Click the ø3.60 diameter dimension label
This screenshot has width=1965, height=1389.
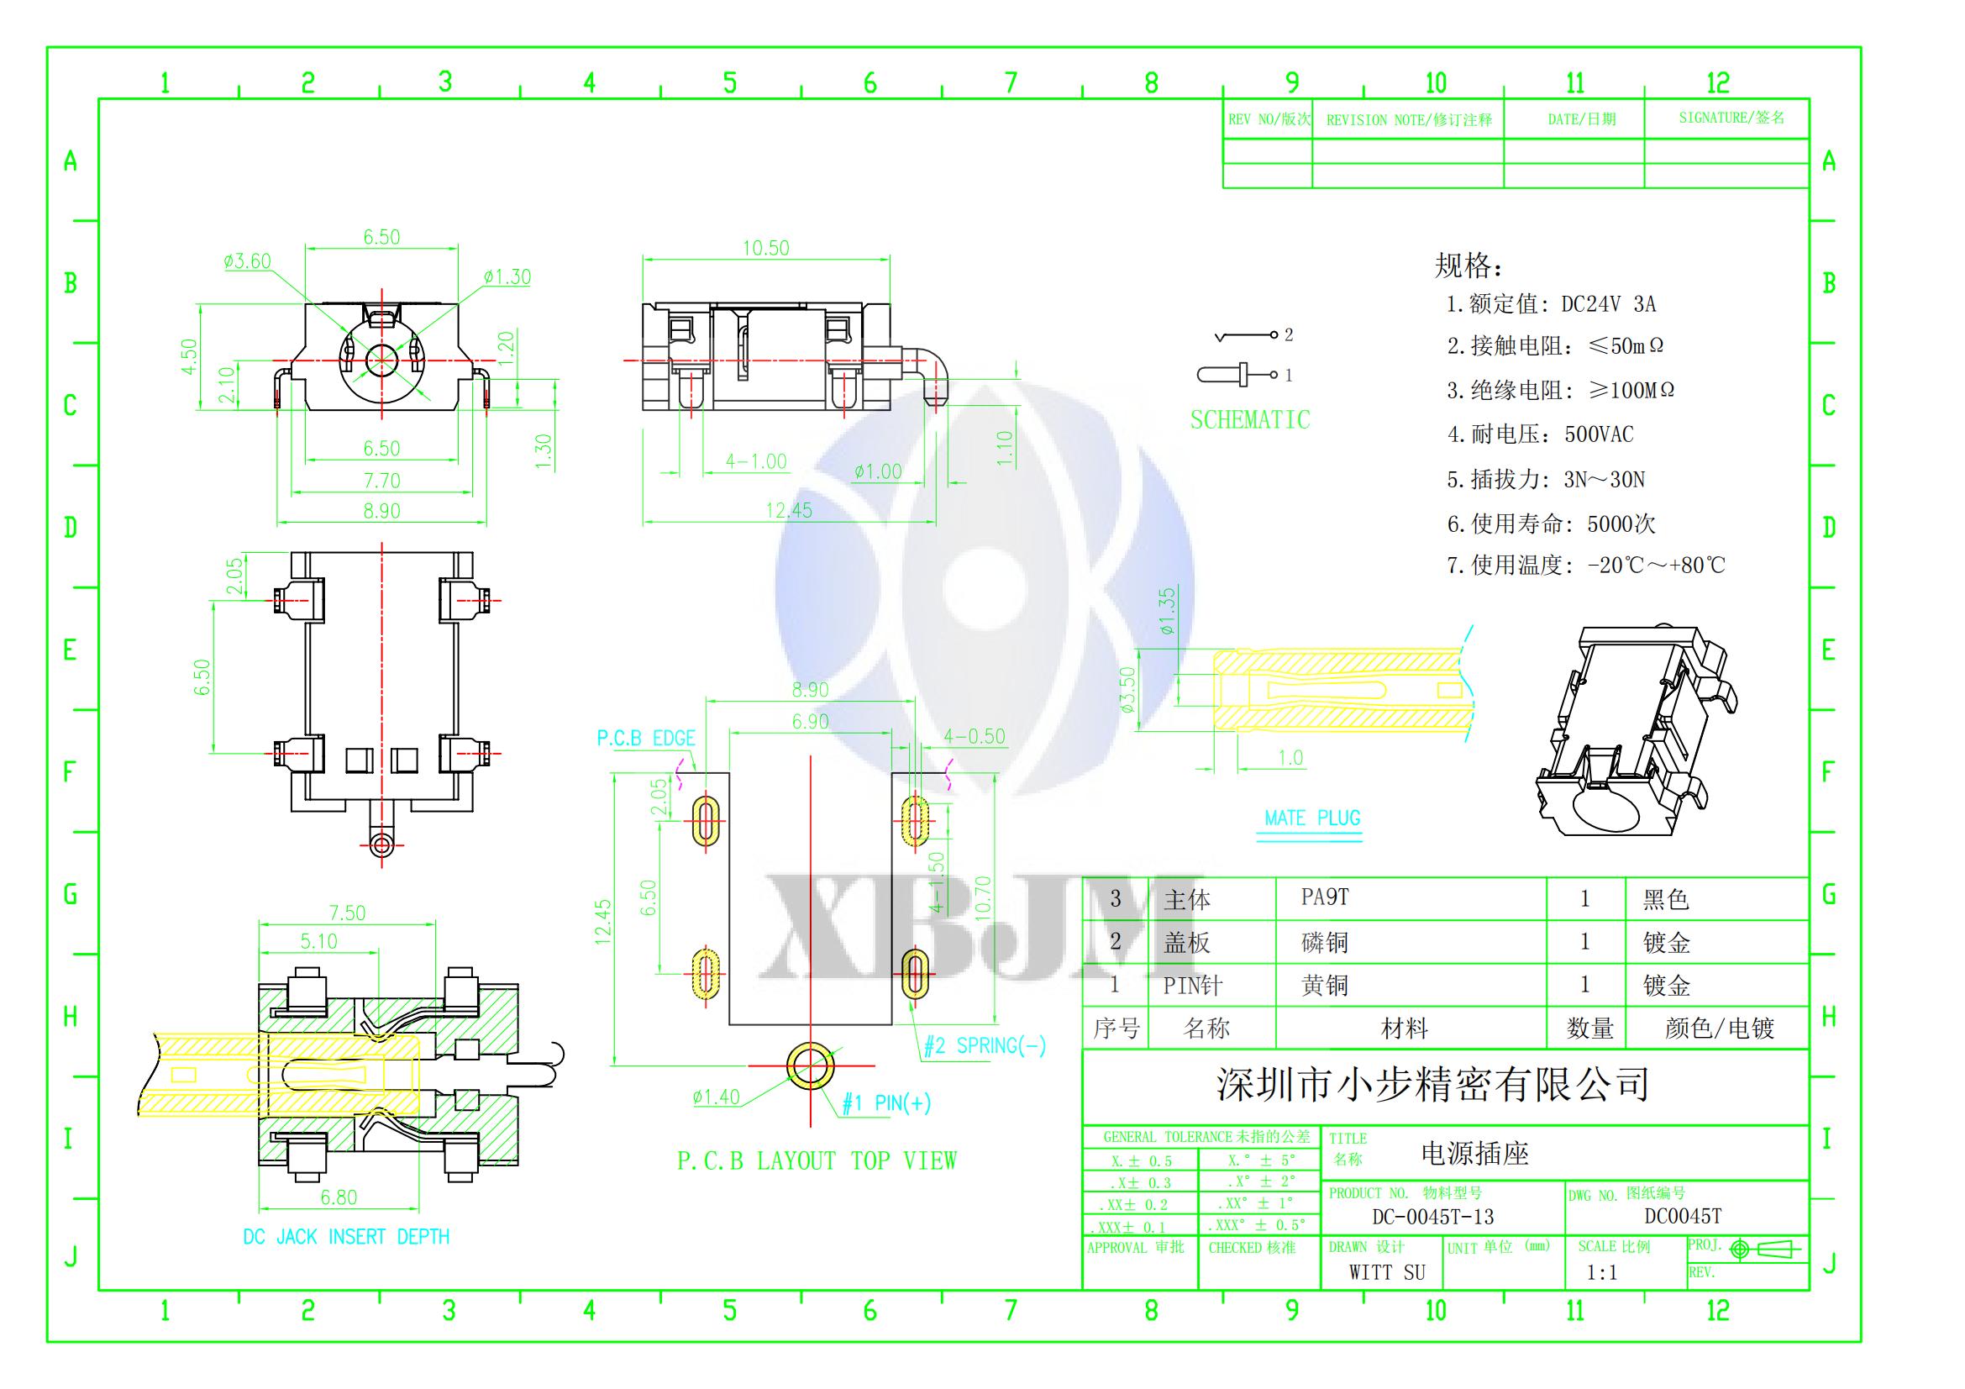coord(246,262)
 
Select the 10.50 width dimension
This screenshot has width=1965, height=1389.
coord(765,248)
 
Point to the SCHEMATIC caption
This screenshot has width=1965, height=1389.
coord(1249,420)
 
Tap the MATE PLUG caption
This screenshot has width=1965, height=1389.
coord(1312,818)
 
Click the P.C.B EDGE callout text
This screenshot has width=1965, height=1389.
coord(646,739)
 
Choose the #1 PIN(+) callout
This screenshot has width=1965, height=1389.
coord(885,1104)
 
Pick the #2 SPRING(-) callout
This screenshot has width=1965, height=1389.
coord(985,1046)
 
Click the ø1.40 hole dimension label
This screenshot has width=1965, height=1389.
coord(717,1097)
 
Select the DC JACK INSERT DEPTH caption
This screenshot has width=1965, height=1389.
coord(346,1237)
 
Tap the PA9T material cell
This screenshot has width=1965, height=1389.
coord(1325,897)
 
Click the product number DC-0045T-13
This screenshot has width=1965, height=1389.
coord(1432,1217)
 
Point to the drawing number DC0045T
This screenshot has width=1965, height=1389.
coord(1683,1216)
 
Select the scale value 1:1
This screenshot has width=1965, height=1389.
coord(1601,1272)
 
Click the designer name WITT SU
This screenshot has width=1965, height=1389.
coord(1387,1272)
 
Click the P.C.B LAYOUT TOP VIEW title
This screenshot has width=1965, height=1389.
coord(817,1161)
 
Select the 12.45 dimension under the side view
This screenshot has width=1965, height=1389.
coord(788,511)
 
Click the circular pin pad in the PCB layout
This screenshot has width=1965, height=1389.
coord(810,1065)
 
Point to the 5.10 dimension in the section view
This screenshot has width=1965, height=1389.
coord(318,941)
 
